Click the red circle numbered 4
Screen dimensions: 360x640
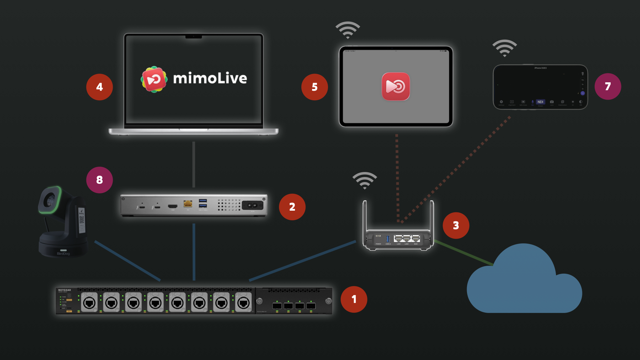click(99, 87)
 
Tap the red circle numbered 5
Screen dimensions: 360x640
click(314, 87)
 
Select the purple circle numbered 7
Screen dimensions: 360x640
click(608, 86)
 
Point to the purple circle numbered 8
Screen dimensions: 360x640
click(99, 180)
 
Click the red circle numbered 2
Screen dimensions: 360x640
click(292, 207)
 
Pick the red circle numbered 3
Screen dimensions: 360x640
click(456, 225)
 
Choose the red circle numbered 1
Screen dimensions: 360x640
click(354, 299)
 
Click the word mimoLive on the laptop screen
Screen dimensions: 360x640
click(210, 78)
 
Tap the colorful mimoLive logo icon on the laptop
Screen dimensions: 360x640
click(154, 79)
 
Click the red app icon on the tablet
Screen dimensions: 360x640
click(396, 87)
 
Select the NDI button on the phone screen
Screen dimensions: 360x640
click(540, 102)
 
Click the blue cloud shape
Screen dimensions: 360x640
click(524, 283)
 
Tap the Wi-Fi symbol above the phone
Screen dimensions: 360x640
click(505, 48)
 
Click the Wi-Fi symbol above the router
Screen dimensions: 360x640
click(365, 181)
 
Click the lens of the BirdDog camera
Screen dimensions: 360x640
click(50, 200)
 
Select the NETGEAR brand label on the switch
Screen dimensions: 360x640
click(64, 290)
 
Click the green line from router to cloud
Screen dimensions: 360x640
click(463, 253)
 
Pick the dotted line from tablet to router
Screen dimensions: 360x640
click(397, 177)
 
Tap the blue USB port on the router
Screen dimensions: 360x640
click(388, 239)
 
